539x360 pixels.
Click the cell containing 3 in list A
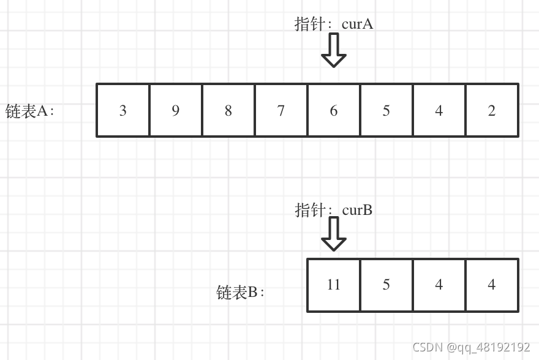[x=123, y=110]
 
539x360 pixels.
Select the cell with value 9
[x=176, y=110]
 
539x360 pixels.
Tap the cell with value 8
[x=228, y=110]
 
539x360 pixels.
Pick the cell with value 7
[x=281, y=110]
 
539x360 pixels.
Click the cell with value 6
[x=334, y=110]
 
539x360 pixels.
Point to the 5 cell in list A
[x=386, y=110]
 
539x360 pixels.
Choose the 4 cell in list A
[x=439, y=110]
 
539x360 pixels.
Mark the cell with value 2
[x=492, y=110]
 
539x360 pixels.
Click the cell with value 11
[x=334, y=285]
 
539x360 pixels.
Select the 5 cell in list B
[x=386, y=285]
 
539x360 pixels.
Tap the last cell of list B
[x=492, y=285]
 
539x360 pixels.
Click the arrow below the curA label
[x=334, y=50]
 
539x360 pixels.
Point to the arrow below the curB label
[x=334, y=234]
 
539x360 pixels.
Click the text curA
[x=358, y=24]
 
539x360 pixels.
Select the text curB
[x=358, y=210]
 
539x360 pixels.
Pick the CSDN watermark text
[x=471, y=347]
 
